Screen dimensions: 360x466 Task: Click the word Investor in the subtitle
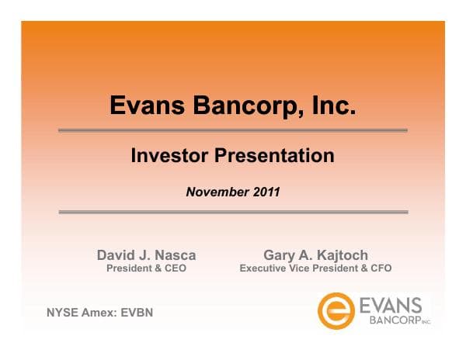pos(169,155)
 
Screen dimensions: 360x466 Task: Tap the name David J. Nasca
pos(146,255)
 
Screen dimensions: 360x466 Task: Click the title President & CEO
pos(146,268)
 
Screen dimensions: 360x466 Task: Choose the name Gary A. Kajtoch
pos(315,255)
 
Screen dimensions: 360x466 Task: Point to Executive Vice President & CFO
pos(315,268)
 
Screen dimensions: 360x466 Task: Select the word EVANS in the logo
pos(391,304)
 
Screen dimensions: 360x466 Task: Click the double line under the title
pos(233,130)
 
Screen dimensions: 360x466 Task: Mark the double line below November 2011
pos(233,211)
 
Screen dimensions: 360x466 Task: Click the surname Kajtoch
pos(342,255)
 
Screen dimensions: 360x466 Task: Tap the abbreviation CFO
pos(381,268)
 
